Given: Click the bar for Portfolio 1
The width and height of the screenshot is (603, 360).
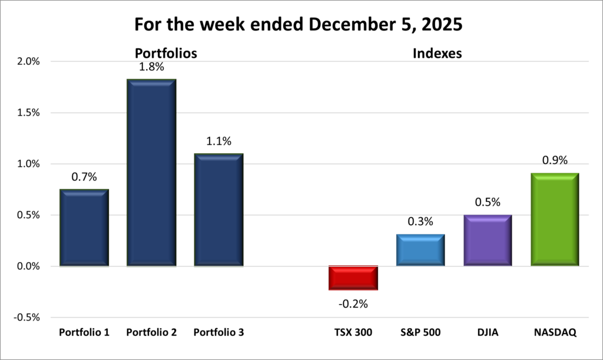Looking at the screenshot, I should (84, 228).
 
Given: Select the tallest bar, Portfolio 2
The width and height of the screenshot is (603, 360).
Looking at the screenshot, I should (151, 173).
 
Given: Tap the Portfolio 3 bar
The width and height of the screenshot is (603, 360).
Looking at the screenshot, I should (218, 210).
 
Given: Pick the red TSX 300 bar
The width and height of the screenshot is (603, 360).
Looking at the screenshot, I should (353, 278).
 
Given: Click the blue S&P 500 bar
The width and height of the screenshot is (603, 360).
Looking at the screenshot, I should (420, 250).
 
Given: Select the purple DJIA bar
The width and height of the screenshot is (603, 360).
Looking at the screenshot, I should (487, 240).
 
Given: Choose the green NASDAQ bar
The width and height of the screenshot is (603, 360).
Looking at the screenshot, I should (554, 220).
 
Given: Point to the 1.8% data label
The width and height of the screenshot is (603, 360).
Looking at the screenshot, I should (151, 67).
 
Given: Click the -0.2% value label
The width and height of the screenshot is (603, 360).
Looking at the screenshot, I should (353, 304).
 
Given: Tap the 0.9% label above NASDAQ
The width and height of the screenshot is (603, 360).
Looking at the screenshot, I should (554, 161).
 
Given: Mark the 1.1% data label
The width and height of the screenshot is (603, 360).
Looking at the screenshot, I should (218, 141).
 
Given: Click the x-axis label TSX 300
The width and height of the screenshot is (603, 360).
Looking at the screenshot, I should (353, 332).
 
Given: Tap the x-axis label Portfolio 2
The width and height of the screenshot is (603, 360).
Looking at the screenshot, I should (151, 332).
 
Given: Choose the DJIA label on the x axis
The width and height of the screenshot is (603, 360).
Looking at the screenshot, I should (487, 332).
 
